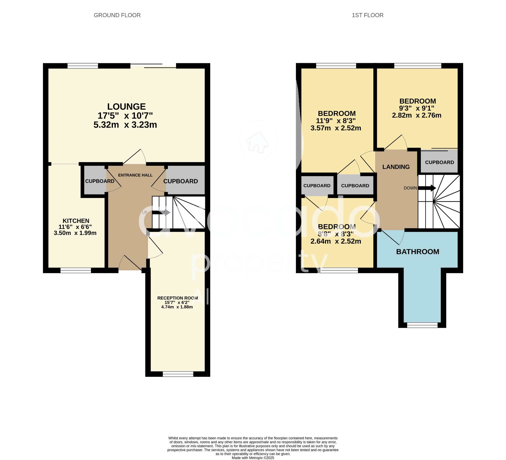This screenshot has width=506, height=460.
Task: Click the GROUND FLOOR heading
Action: pyautogui.click(x=117, y=15)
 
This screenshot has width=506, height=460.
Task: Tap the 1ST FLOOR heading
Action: pyautogui.click(x=367, y=15)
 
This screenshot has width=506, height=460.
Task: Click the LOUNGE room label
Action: pyautogui.click(x=126, y=107)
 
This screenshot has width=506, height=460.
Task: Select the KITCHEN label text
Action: pyautogui.click(x=76, y=221)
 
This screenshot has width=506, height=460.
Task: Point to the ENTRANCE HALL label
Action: pyautogui.click(x=135, y=175)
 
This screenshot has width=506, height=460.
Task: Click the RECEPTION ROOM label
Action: pyautogui.click(x=177, y=298)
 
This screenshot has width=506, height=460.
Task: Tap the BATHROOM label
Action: pyautogui.click(x=417, y=252)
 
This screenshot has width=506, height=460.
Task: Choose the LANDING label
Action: pyautogui.click(x=396, y=167)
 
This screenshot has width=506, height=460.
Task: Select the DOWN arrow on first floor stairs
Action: pyautogui.click(x=427, y=188)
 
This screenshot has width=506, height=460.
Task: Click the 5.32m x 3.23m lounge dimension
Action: pyautogui.click(x=125, y=125)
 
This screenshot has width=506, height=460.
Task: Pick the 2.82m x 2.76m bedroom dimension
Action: pyautogui.click(x=416, y=115)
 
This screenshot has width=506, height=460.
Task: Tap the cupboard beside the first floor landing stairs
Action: pyautogui.click(x=439, y=162)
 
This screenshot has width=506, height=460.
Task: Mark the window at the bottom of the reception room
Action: pyautogui.click(x=178, y=374)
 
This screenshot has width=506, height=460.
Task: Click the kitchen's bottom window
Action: pyautogui.click(x=76, y=270)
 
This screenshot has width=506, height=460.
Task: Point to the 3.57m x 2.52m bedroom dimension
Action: pyautogui.click(x=336, y=128)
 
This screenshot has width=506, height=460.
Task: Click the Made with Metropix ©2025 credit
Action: pyautogui.click(x=253, y=458)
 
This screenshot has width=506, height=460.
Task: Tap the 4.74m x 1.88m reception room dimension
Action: pyautogui.click(x=177, y=307)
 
